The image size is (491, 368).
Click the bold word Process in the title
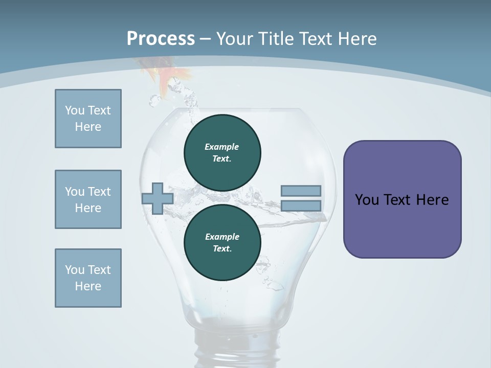(161, 39)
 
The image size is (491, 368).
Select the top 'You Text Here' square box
(88, 119)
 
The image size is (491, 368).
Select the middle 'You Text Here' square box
(88, 199)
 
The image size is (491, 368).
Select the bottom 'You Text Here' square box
(88, 278)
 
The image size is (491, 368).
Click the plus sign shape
(158, 198)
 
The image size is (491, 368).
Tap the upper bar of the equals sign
(301, 191)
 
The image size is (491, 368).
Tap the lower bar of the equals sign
(301, 206)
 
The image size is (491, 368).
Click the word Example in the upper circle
(221, 147)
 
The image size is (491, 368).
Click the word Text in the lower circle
(221, 249)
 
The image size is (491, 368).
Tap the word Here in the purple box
(432, 200)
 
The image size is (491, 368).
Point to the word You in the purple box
(367, 200)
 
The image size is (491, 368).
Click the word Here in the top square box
(88, 127)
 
